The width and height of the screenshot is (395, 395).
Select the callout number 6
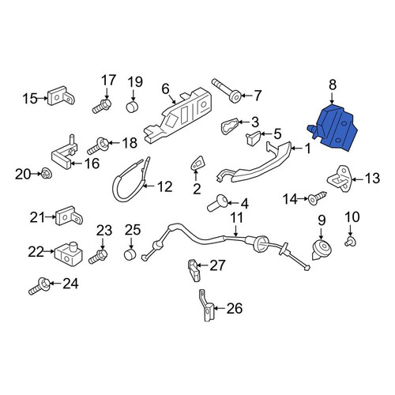(165, 89)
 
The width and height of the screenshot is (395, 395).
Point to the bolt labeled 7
(227, 90)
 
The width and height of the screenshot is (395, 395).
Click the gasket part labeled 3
(230, 126)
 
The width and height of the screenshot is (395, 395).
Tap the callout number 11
(237, 218)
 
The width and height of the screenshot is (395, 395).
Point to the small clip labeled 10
(351, 242)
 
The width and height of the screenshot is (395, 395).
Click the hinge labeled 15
(61, 96)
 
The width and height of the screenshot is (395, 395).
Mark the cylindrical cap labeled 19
(133, 107)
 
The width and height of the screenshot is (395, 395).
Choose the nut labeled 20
(46, 173)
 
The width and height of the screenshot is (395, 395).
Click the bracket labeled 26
(207, 306)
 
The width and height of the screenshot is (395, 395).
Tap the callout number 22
(36, 252)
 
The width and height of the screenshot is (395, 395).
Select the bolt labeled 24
(39, 286)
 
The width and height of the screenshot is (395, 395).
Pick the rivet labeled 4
(216, 204)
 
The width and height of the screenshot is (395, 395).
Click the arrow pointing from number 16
(77, 164)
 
